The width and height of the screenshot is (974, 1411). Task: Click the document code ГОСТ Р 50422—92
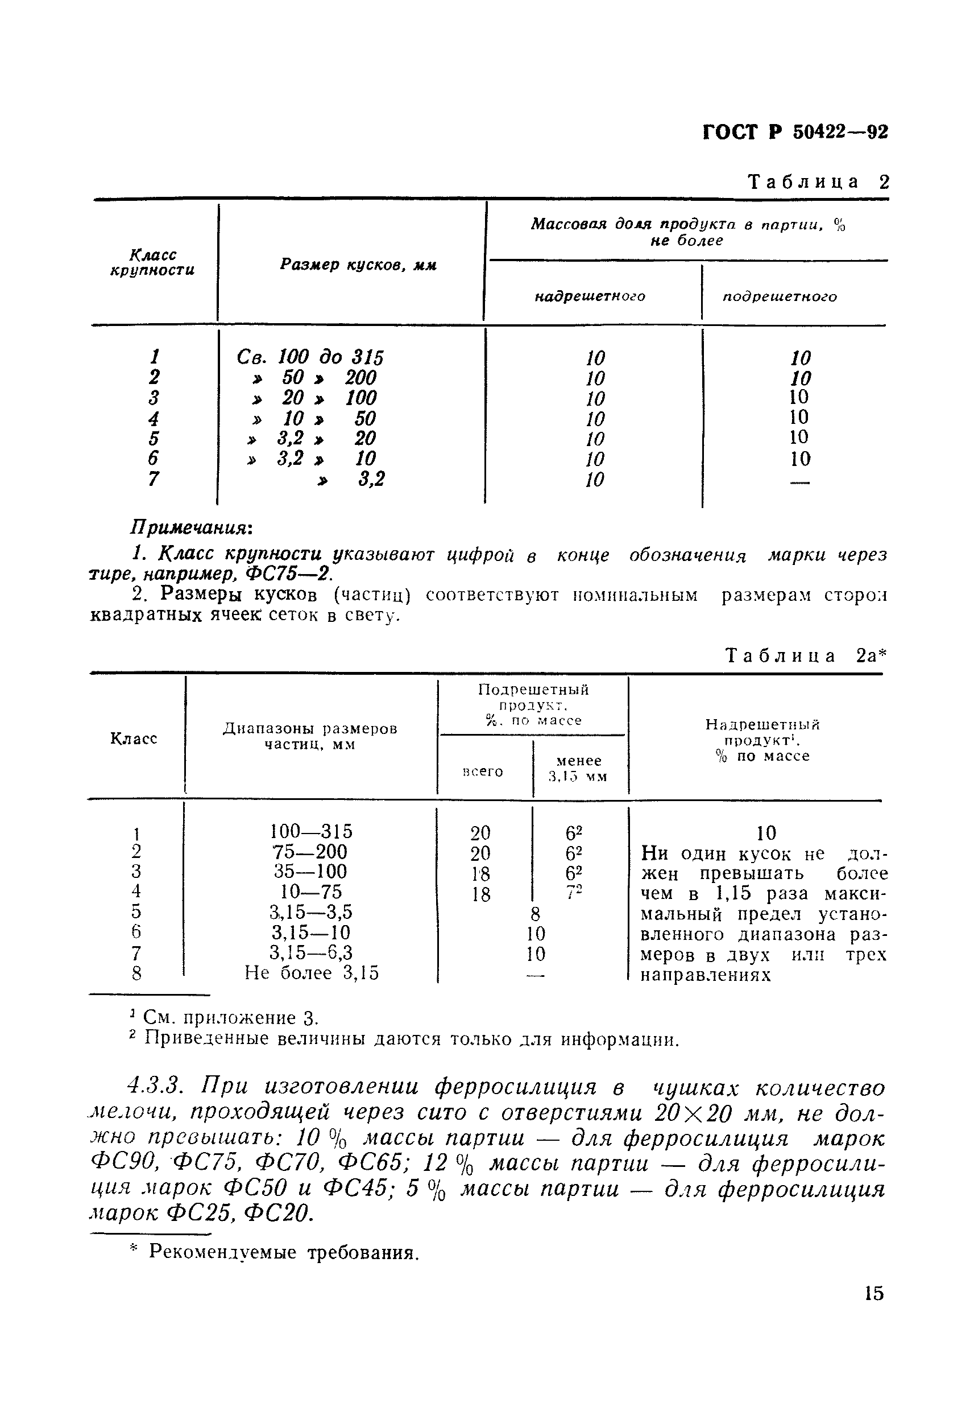795,133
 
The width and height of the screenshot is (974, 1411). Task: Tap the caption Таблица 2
818,182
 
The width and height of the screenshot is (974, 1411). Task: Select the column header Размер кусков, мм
358,265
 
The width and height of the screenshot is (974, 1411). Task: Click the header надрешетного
590,297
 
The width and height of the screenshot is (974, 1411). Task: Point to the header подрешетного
780,297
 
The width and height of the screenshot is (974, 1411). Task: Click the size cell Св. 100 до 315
310,357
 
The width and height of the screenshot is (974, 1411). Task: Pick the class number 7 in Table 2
153,479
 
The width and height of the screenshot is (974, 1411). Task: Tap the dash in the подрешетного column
799,482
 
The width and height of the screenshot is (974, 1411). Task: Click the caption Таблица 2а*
805,656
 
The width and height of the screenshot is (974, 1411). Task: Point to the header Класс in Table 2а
134,738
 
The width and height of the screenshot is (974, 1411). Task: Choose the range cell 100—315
311,832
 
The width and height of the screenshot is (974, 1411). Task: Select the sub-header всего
483,771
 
